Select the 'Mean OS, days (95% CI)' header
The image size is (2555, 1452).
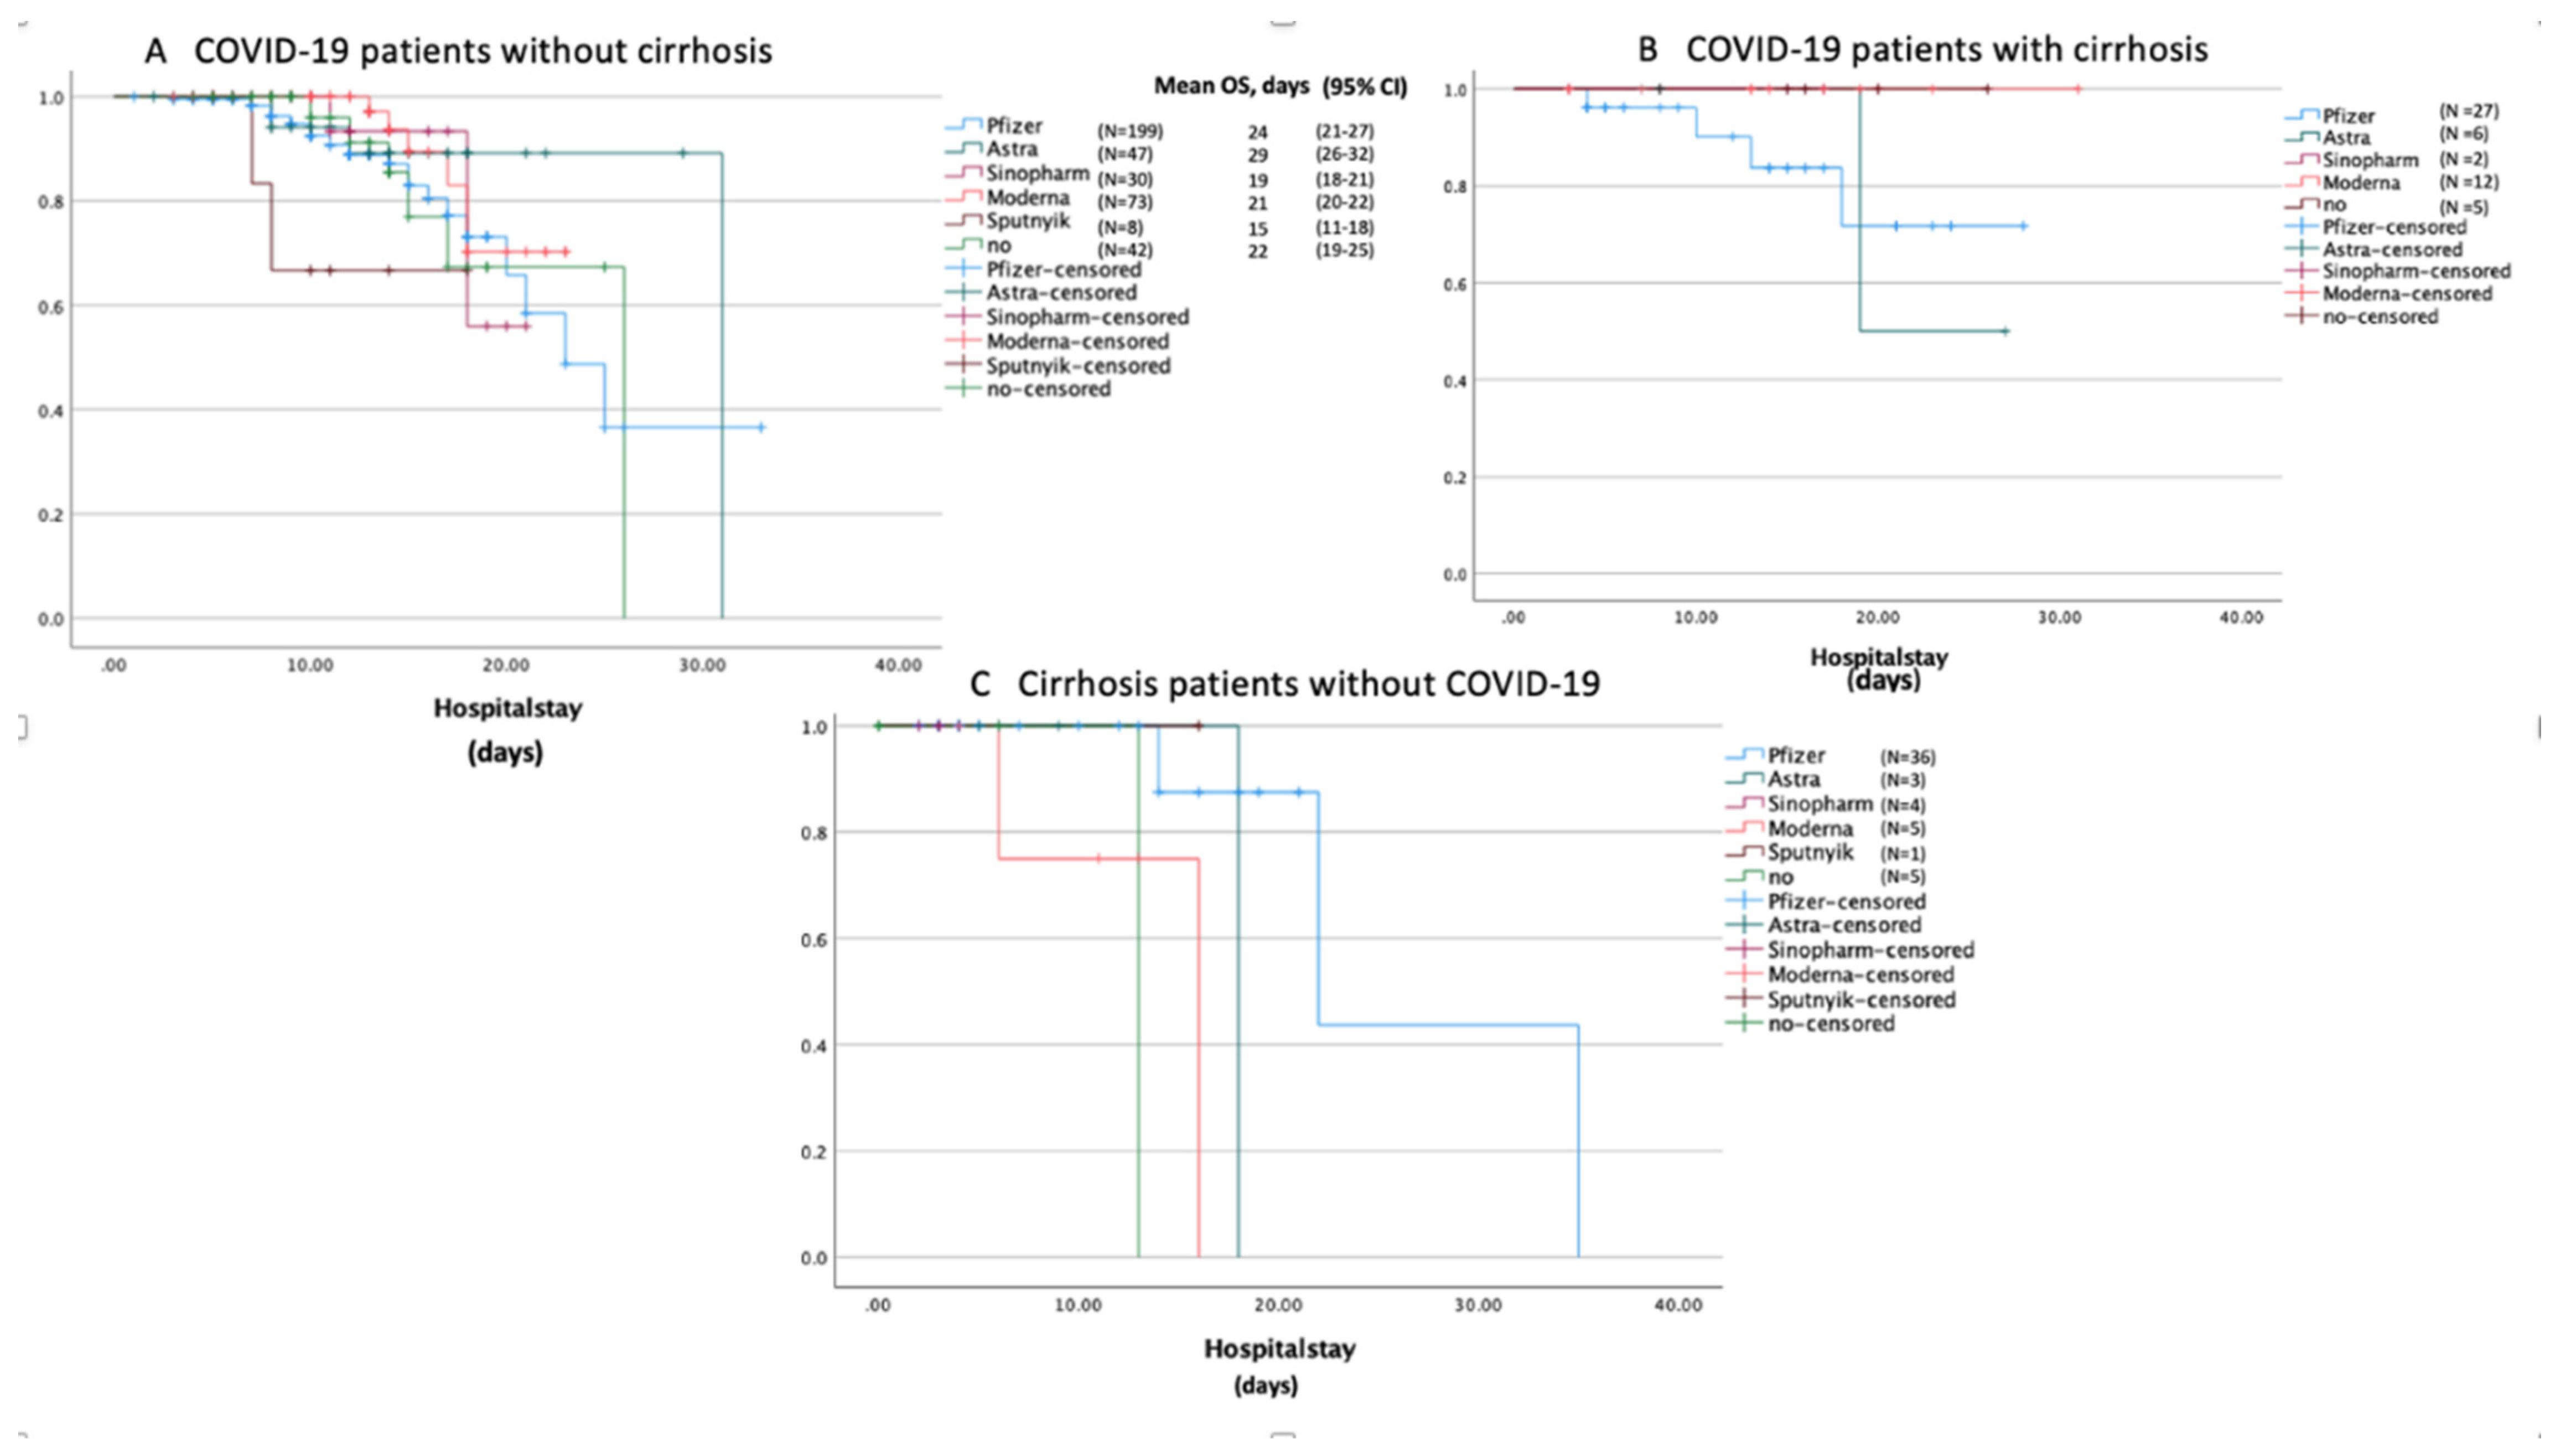click(x=1279, y=87)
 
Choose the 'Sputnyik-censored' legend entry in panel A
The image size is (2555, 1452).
click(x=1077, y=366)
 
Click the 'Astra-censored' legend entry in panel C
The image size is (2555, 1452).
click(x=1843, y=925)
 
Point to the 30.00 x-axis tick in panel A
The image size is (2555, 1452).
click(x=702, y=665)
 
